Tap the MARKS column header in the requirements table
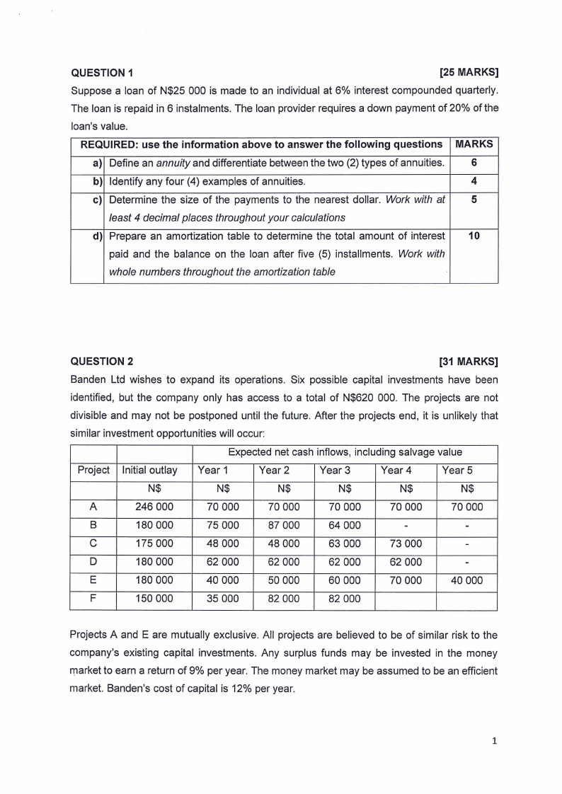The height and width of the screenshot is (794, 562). pos(474,144)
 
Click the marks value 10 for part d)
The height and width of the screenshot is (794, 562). pos(474,236)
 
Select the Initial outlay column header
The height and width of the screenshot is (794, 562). pos(150,470)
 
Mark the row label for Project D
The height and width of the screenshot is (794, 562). pos(93,562)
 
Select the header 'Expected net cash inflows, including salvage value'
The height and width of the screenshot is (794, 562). pos(345,452)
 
